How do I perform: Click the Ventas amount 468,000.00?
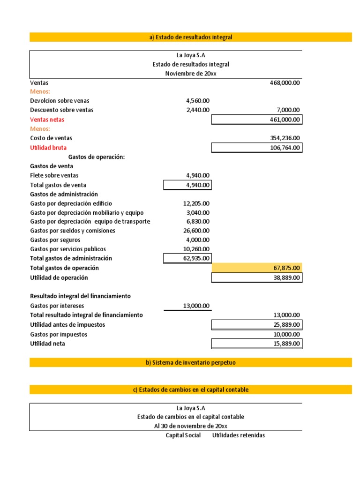285,82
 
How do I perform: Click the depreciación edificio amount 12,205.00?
196,203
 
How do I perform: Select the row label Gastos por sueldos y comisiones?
73,231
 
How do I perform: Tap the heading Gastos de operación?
97,157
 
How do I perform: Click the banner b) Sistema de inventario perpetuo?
190,362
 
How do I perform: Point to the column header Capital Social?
183,435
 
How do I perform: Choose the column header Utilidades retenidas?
239,435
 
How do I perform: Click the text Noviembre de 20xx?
191,74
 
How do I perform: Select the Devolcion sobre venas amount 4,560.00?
198,101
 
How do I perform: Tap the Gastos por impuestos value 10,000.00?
286,334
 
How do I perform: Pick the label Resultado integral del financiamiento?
80,296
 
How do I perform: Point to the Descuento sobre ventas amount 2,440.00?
198,110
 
